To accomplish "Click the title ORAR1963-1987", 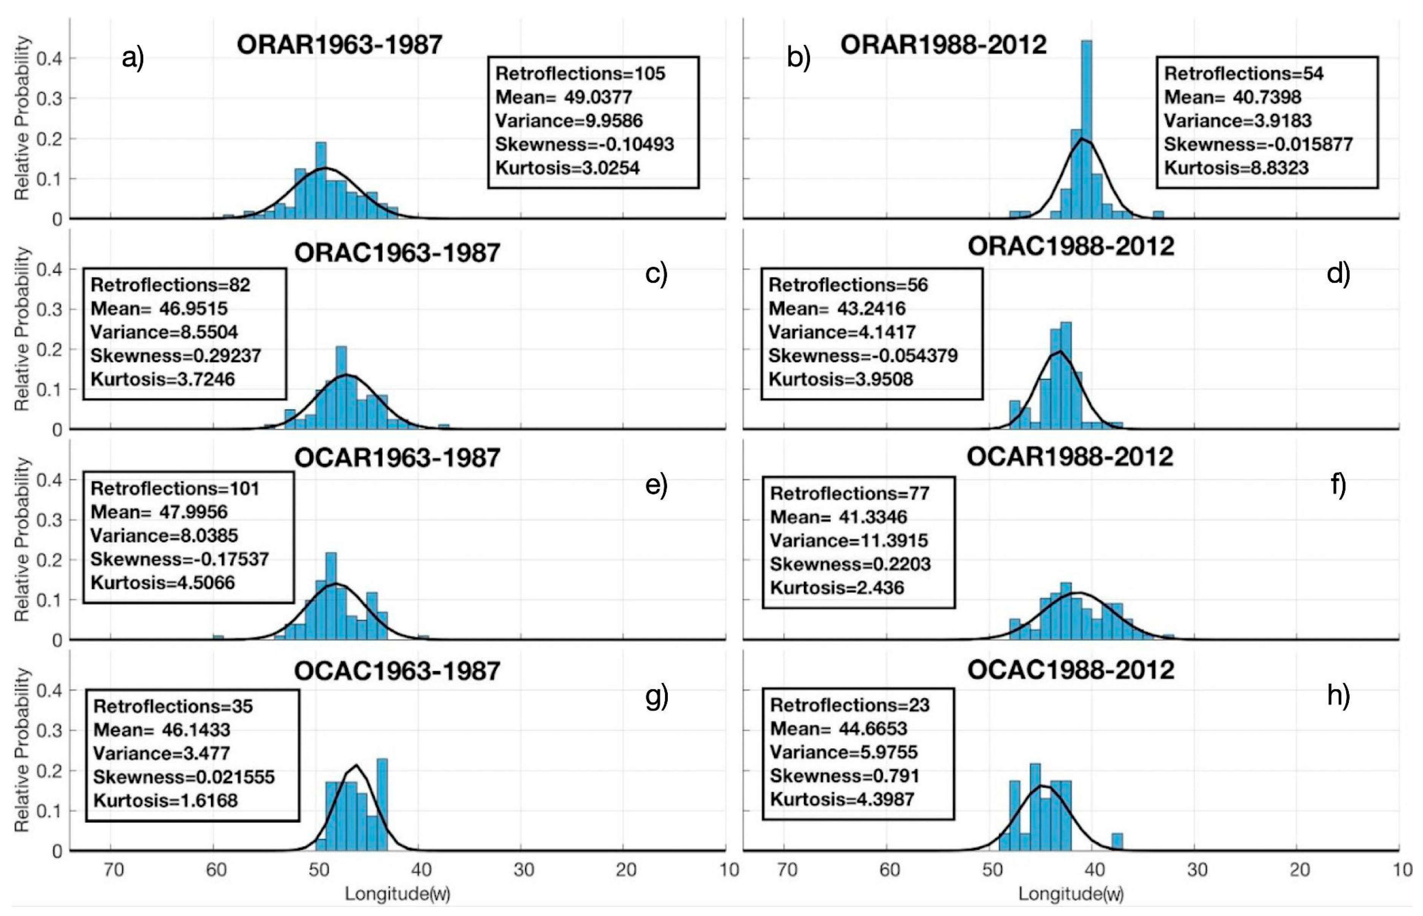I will (x=339, y=44).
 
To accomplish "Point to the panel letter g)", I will (x=656, y=696).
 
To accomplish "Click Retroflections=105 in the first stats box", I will (x=580, y=74).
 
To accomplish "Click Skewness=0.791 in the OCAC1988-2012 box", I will (x=844, y=776).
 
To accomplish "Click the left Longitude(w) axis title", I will (x=397, y=894).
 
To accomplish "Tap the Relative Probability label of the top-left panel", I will (x=22, y=118).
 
